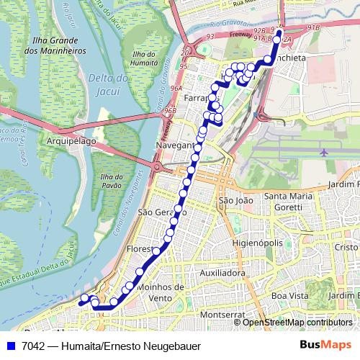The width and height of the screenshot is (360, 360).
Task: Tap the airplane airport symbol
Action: tap(323, 153)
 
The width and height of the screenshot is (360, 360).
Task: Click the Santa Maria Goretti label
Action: tap(293, 201)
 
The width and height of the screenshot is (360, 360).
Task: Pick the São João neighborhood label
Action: tap(235, 199)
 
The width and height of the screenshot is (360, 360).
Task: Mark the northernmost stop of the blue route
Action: tap(279, 33)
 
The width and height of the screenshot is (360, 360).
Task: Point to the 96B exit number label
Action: tap(170, 111)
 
